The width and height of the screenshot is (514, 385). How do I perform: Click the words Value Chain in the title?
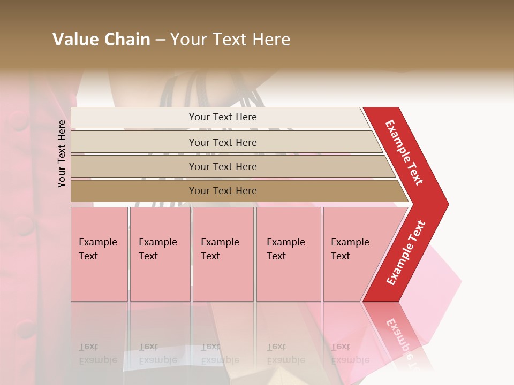(101, 40)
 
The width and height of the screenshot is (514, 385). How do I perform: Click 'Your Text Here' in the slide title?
(230, 40)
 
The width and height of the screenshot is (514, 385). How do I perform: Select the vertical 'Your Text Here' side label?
(62, 153)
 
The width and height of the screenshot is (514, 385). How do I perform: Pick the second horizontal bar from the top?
(222, 142)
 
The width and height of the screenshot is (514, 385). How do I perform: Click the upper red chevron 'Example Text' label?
(404, 152)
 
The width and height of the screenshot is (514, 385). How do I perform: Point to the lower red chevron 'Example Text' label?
(406, 252)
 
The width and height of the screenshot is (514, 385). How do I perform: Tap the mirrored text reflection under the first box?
(97, 353)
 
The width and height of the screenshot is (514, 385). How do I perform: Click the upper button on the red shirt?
(18, 120)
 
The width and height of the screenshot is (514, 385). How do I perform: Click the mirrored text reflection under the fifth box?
(349, 353)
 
